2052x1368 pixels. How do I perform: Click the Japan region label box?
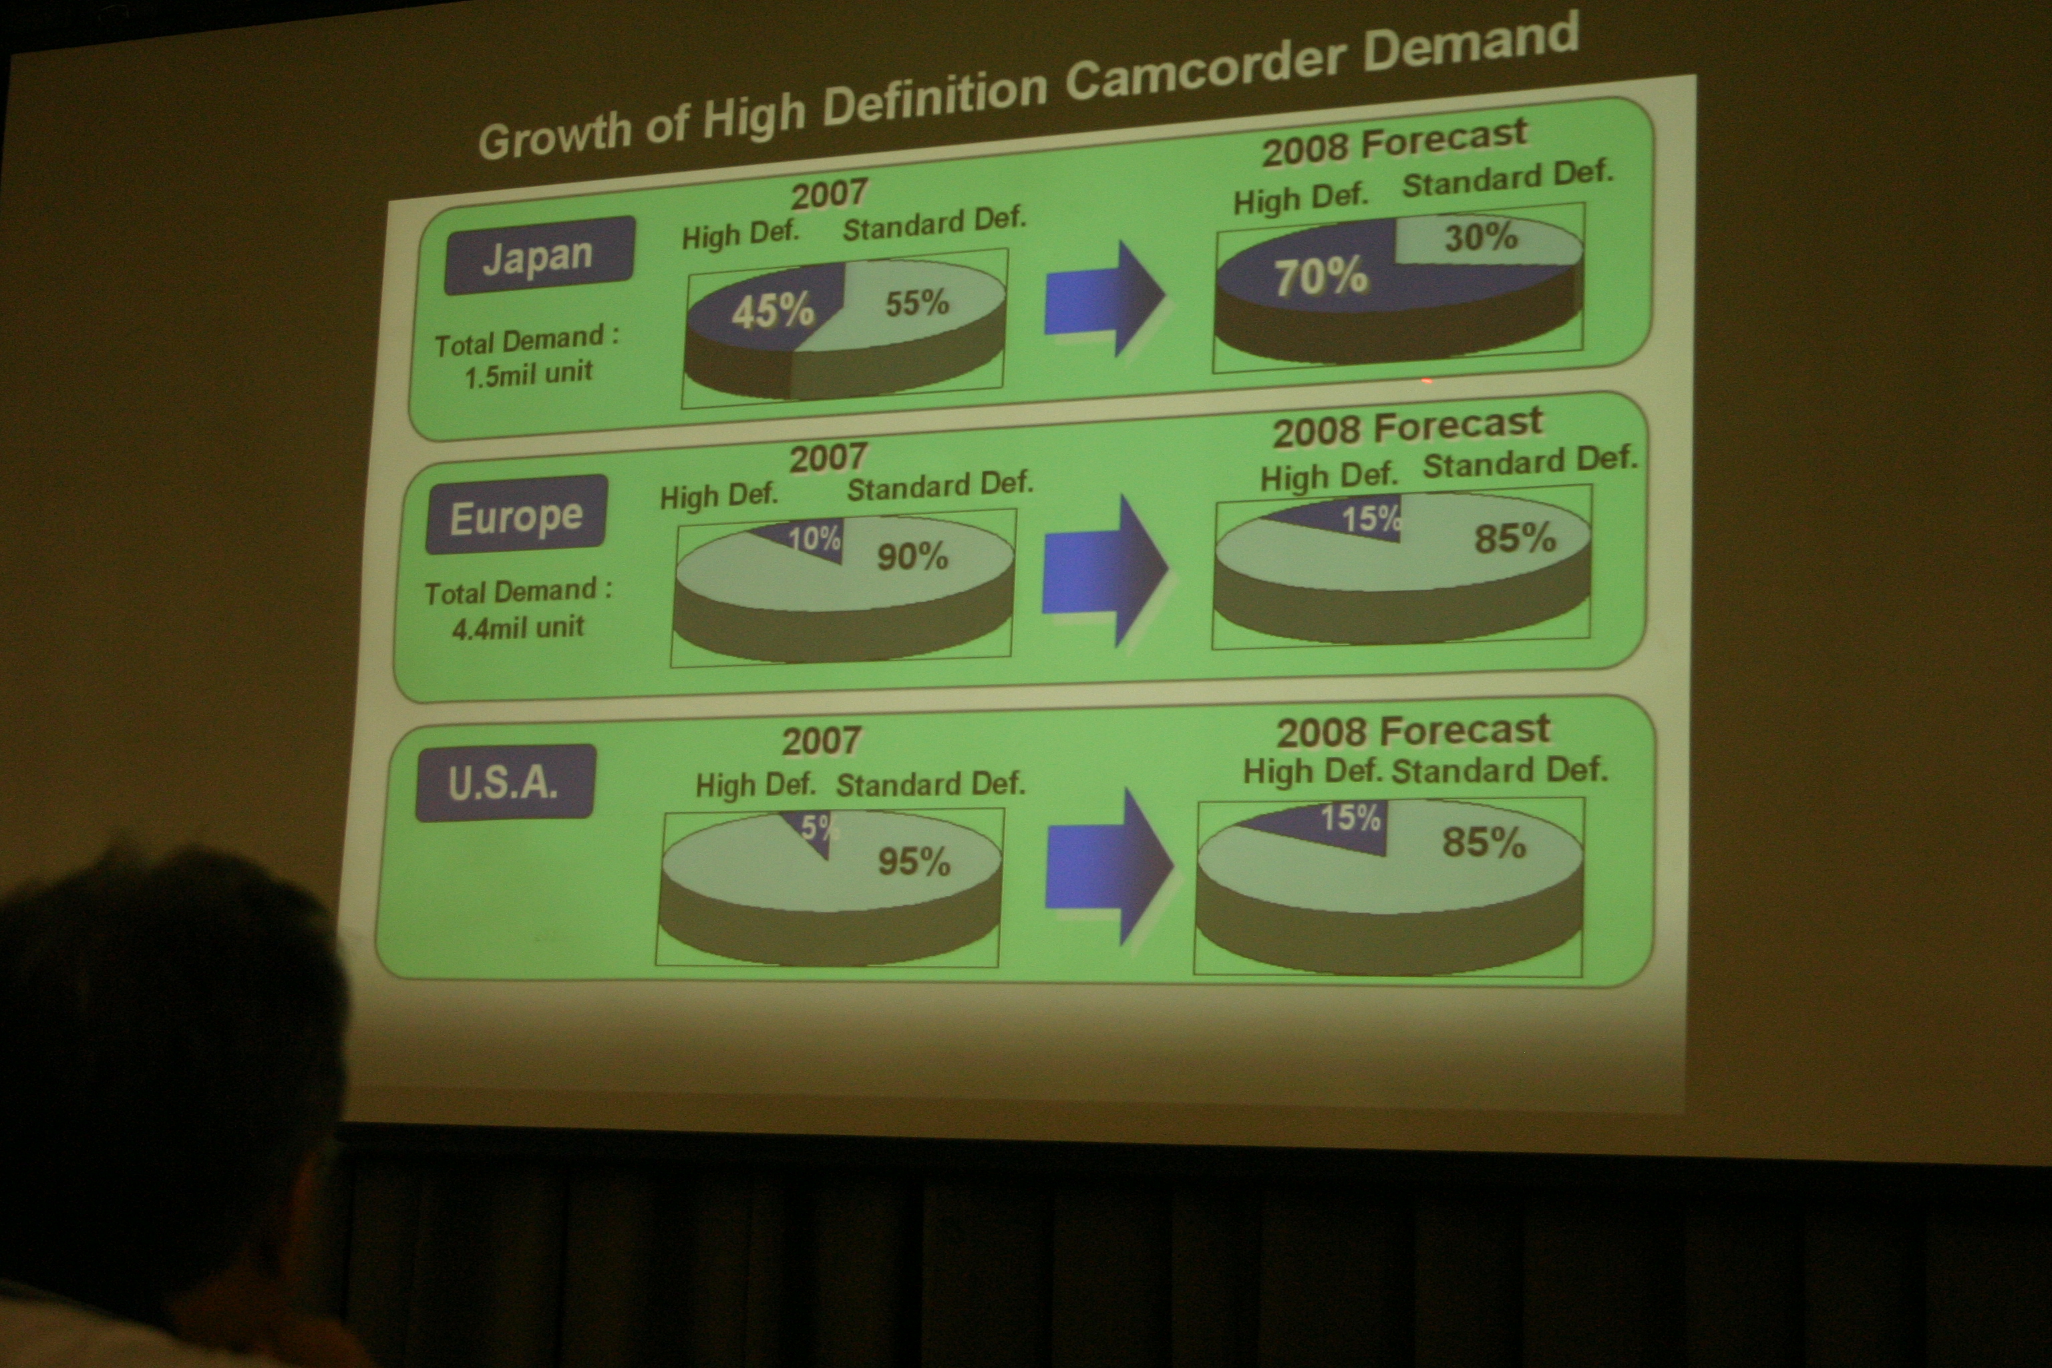click(539, 254)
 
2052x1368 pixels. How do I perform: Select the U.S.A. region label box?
click(505, 783)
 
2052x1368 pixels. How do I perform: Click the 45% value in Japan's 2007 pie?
click(773, 311)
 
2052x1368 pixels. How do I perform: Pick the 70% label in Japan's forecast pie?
click(1321, 277)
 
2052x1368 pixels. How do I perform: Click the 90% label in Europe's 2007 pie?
click(912, 556)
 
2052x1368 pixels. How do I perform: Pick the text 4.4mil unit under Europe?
click(518, 627)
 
